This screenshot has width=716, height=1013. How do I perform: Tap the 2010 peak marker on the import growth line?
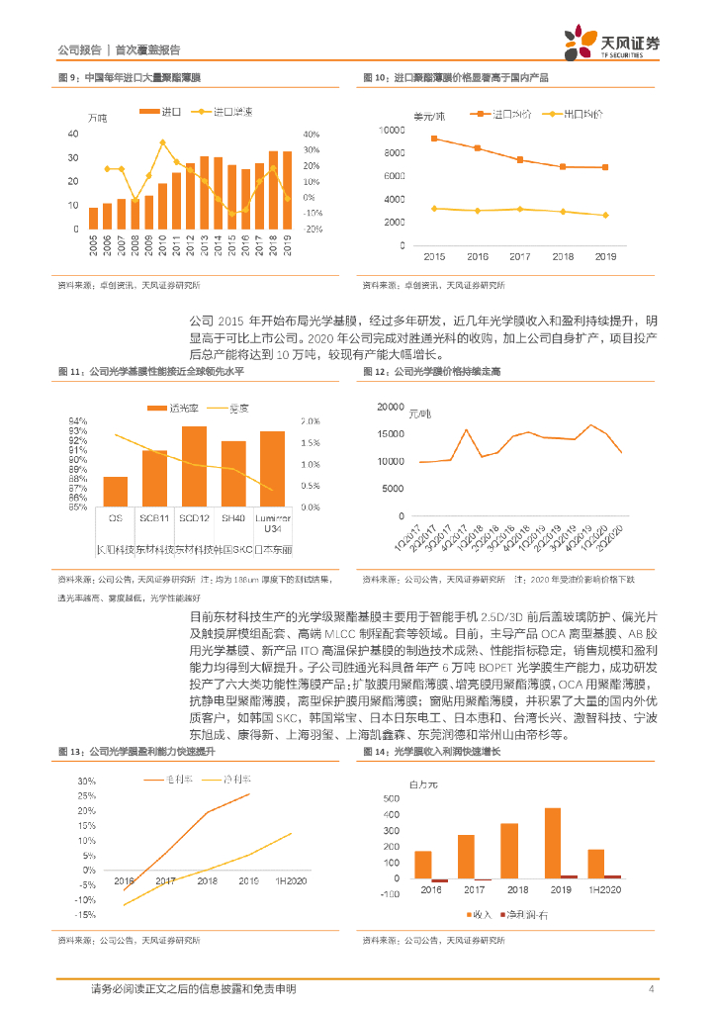coord(161,141)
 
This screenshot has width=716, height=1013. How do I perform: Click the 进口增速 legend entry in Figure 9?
coord(226,111)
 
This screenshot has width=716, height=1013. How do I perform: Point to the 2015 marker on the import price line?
coord(434,138)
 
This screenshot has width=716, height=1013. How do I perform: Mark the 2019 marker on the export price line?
coord(605,215)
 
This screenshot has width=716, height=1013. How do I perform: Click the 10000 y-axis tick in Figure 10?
coord(392,131)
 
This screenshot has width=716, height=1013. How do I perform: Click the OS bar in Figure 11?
coord(115,492)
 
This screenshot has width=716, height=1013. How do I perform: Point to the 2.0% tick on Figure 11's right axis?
coord(309,419)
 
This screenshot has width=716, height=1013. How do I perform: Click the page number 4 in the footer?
coord(651,989)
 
